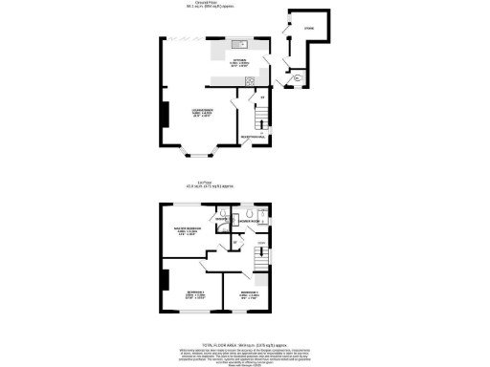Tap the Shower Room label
point(251,221)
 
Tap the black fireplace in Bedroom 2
point(166,281)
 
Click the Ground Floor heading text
point(243,3)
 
